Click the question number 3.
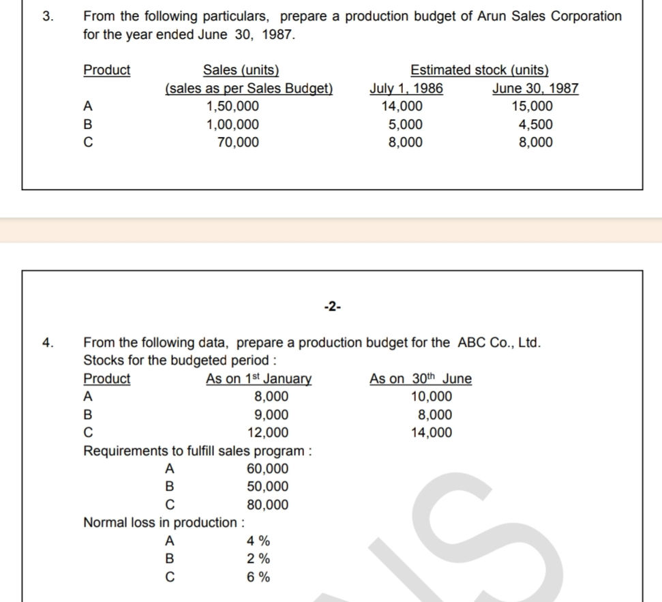46,16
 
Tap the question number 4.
46,342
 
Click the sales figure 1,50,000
232,106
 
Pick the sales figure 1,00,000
232,125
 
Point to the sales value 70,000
238,142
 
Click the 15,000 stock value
532,106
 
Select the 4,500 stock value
535,125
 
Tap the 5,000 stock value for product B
405,125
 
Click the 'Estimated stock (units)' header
479,70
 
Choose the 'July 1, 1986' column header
406,89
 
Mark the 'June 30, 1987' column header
535,89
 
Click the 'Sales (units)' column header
241,70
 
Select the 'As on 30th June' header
420,379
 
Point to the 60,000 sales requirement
267,469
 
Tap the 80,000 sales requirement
267,505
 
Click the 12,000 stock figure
267,433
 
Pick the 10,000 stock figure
431,397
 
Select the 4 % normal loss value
258,541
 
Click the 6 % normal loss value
258,577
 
